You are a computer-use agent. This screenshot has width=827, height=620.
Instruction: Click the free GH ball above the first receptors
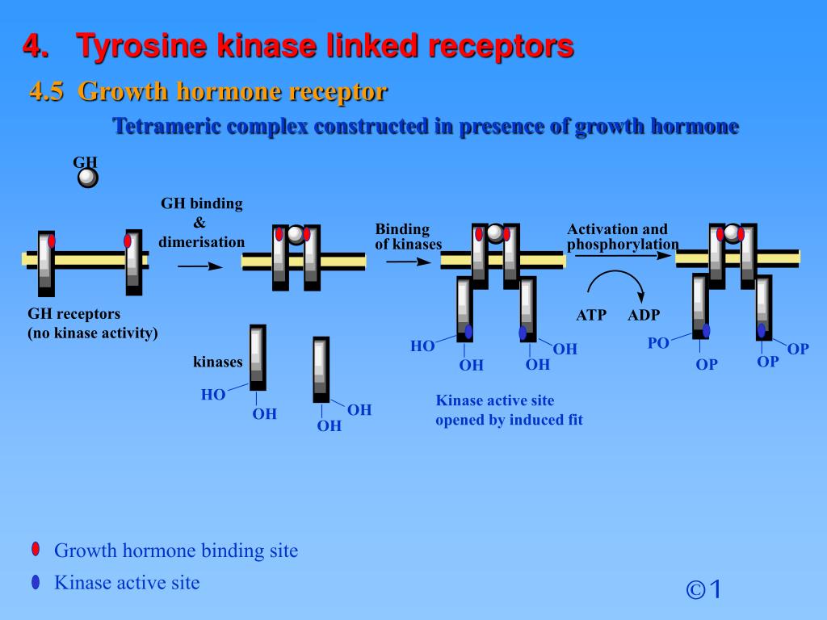click(x=88, y=178)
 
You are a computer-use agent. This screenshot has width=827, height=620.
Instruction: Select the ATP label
click(x=591, y=315)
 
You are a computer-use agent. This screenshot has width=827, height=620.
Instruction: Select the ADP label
click(x=644, y=315)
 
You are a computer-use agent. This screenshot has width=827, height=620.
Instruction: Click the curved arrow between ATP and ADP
click(x=615, y=283)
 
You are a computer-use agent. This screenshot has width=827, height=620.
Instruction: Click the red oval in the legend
click(x=36, y=550)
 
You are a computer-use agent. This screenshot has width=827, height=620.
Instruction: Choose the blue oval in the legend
click(x=36, y=582)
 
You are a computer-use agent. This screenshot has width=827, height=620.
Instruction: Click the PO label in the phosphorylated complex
click(x=658, y=343)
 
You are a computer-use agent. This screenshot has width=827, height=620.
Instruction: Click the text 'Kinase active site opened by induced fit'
click(x=509, y=410)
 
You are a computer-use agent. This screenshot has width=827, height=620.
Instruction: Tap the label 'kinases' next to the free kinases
click(x=217, y=362)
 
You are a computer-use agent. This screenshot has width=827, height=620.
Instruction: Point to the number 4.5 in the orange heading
click(x=47, y=92)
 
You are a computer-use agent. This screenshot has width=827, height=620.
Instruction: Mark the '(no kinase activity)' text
click(x=93, y=333)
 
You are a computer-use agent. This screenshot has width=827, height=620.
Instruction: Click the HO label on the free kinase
click(x=213, y=395)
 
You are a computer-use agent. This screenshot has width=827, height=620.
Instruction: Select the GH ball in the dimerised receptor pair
click(x=296, y=234)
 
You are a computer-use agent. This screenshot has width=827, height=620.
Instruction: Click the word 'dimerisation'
click(x=202, y=242)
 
